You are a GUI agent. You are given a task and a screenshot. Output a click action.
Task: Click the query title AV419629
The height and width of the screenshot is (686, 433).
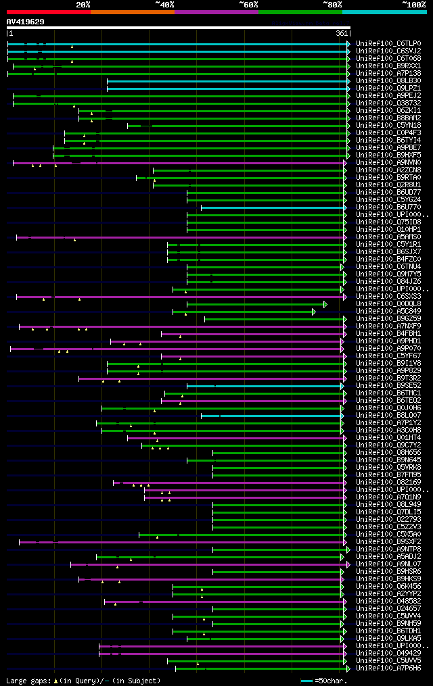pyautogui.click(x=26, y=22)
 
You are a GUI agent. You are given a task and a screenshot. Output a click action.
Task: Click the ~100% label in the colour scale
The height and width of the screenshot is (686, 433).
pyautogui.click(x=413, y=5)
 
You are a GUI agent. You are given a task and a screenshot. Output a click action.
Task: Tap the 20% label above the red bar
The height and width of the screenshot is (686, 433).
pyautogui.click(x=83, y=5)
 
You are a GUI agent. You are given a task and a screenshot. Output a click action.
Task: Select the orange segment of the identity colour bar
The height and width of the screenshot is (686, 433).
pyautogui.click(x=132, y=12)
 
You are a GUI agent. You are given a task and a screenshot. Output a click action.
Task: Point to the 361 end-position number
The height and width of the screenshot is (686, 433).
pyautogui.click(x=342, y=33)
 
